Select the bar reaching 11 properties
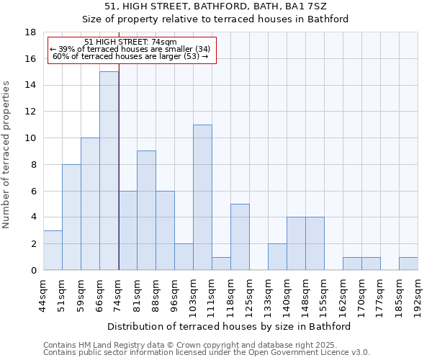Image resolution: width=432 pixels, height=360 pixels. (x=202, y=197)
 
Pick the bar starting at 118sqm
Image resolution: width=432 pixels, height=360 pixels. (x=240, y=237)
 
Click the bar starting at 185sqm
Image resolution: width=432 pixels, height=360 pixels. (x=408, y=264)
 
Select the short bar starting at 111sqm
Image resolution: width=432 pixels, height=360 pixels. (x=221, y=264)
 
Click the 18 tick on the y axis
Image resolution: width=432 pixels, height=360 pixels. (x=30, y=32)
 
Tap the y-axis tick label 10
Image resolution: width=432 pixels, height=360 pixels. (x=30, y=138)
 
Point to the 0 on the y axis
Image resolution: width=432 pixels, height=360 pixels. (x=33, y=271)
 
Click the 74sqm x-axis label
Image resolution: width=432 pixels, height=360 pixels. (x=118, y=293)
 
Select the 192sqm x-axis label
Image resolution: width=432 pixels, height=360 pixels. (x=418, y=295)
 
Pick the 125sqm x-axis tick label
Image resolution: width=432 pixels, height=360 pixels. (x=249, y=295)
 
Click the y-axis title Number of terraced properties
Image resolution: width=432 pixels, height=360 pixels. (x=7, y=155)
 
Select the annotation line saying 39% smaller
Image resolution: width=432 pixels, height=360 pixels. (x=130, y=49)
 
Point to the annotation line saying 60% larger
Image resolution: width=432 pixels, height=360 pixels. (x=130, y=56)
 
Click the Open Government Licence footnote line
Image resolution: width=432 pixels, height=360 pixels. (x=207, y=353)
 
